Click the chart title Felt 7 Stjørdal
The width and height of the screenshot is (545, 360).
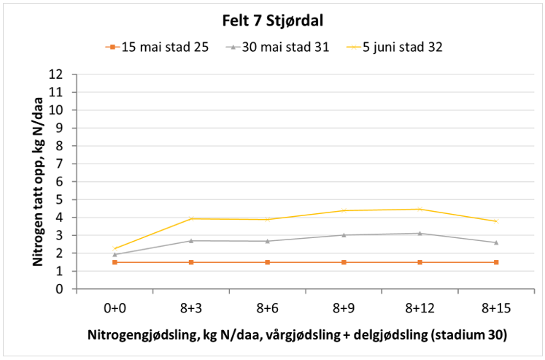pos(272,20)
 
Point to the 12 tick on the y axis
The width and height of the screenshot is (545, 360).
pos(65,74)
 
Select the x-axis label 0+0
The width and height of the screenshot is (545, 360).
pos(115,307)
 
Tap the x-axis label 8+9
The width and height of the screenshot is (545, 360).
pos(344,307)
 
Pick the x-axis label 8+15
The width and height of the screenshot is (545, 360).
pos(496,307)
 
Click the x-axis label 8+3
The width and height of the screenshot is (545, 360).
pos(191,307)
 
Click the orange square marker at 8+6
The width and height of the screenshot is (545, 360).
pos(268,262)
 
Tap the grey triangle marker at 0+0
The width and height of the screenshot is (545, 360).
pos(115,254)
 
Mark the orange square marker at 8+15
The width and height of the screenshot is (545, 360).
pos(496,262)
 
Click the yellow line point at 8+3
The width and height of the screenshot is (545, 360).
pos(191,218)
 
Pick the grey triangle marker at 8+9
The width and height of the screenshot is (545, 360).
pos(344,235)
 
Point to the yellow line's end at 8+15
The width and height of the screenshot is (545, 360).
pos(496,221)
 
